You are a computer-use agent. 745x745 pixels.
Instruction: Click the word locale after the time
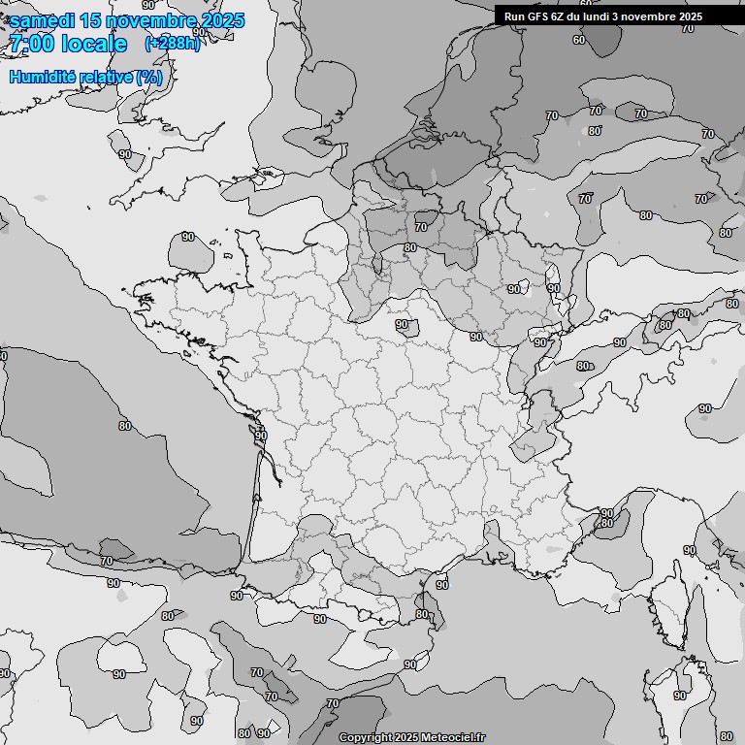93,44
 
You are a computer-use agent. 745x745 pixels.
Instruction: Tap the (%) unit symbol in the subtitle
149,77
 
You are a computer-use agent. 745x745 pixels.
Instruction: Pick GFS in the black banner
539,16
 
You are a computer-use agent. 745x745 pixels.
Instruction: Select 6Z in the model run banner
561,16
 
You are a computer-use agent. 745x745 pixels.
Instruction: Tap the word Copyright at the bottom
364,738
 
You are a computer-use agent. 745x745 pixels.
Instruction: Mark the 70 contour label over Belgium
420,227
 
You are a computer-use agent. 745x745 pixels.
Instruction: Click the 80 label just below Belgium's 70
410,247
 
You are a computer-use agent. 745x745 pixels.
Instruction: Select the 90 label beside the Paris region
402,325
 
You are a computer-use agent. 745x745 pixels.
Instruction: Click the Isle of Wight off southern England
268,178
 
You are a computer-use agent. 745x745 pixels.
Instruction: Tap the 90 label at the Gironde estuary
261,437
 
